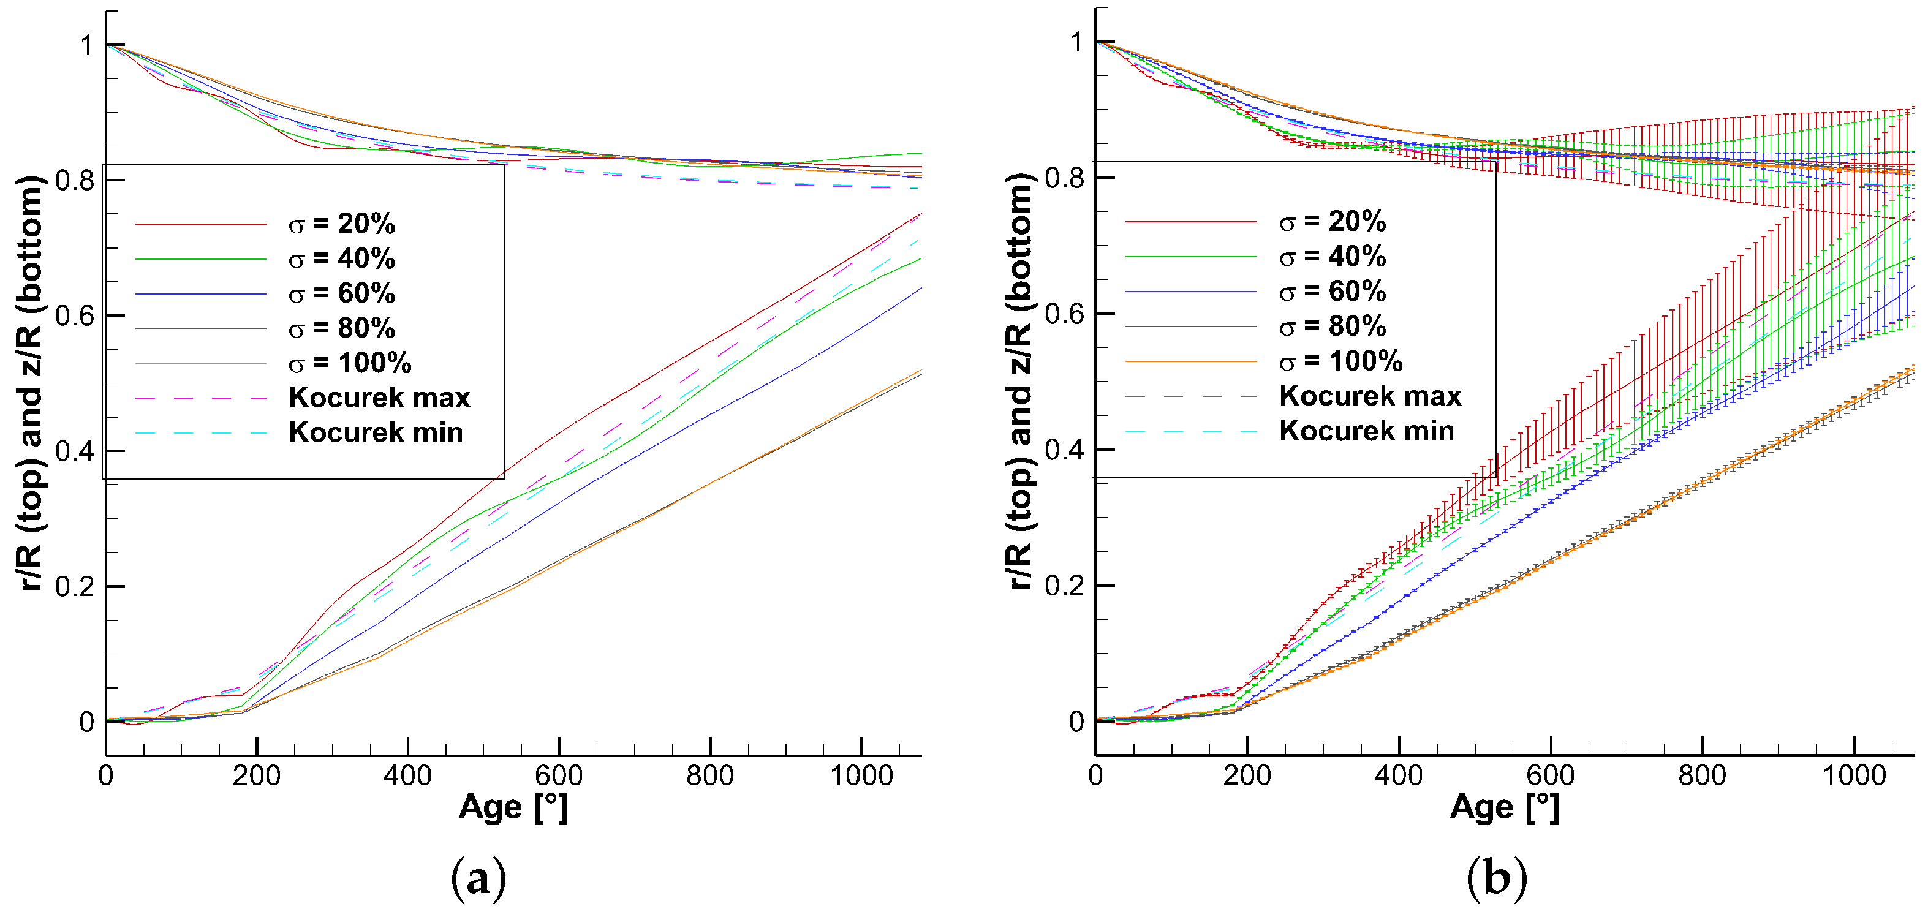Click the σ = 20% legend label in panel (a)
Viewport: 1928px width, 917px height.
[x=341, y=224]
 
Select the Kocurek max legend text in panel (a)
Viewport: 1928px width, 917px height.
[x=379, y=398]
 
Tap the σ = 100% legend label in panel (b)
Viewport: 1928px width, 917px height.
[x=1340, y=361]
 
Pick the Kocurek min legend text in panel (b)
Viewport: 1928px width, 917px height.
[x=1367, y=431]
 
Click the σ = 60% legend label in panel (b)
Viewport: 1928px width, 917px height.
[x=1333, y=291]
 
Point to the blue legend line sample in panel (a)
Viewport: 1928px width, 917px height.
[x=200, y=294]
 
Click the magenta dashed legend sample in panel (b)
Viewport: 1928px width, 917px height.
[x=1191, y=396]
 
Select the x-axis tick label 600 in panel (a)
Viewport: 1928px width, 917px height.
[x=558, y=775]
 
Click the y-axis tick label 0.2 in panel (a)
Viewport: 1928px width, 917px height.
[x=75, y=586]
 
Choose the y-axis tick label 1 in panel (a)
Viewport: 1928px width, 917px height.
[x=87, y=46]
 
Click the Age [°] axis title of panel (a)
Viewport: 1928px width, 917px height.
[x=513, y=809]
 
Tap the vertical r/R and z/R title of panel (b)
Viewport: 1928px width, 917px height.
[x=1021, y=382]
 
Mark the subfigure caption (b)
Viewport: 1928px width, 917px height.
[x=1496, y=877]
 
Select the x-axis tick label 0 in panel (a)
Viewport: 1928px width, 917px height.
[x=106, y=775]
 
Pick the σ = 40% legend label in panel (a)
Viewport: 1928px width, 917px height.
[x=341, y=259]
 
